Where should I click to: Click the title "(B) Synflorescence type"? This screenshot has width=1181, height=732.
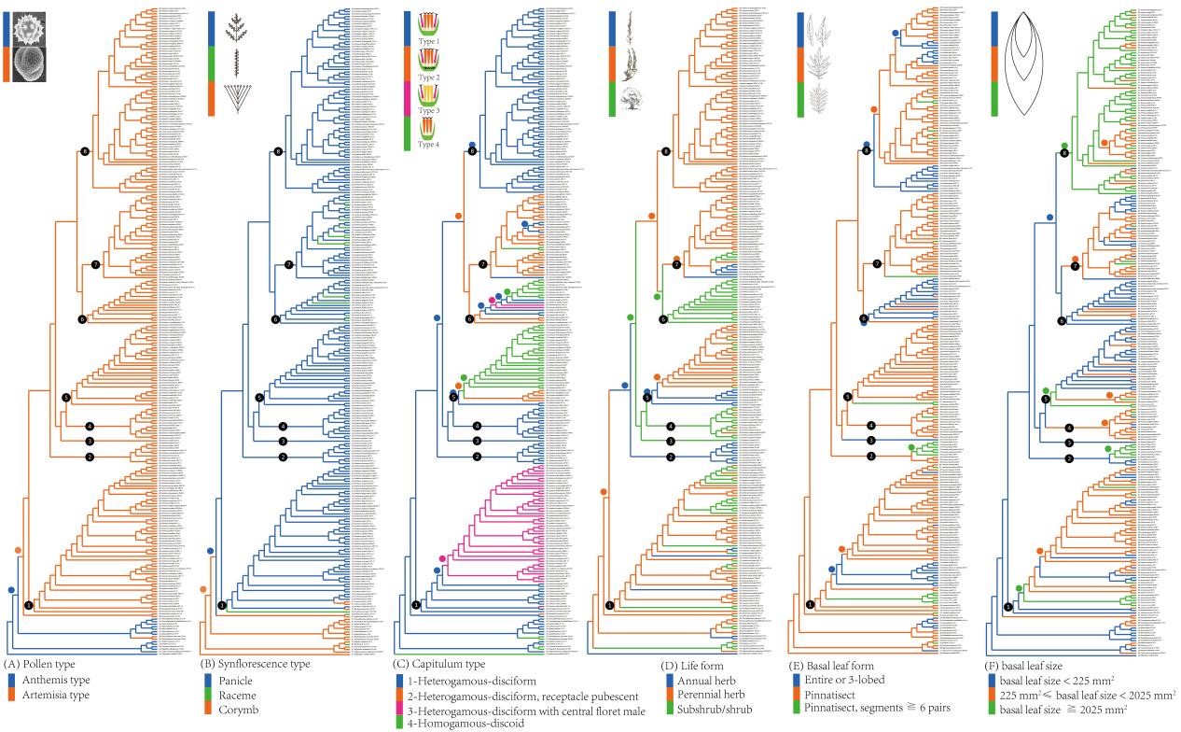pyautogui.click(x=256, y=664)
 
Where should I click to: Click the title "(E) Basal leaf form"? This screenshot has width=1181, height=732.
pyautogui.click(x=837, y=665)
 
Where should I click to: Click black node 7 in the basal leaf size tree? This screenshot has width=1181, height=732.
pyautogui.click(x=1076, y=266)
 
